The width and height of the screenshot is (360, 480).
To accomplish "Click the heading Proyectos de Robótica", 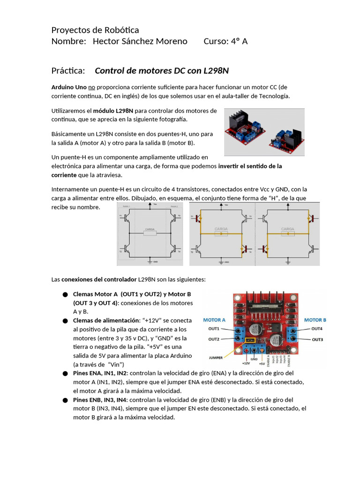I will (95, 30).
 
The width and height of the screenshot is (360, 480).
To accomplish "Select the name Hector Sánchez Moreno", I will (140, 41).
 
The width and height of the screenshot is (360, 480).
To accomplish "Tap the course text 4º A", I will (239, 41).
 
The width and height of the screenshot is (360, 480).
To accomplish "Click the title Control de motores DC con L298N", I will (162, 71).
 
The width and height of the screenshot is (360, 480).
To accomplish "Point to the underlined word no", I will (92, 87).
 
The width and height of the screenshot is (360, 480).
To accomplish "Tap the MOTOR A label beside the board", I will (214, 320).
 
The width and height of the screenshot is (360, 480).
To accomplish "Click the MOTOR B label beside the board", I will (315, 320).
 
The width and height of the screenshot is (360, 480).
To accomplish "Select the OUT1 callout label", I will (214, 329).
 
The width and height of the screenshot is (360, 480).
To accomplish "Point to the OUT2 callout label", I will (214, 339).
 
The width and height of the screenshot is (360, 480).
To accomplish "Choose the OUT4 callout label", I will (317, 329).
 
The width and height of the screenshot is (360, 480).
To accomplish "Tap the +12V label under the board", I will (246, 363).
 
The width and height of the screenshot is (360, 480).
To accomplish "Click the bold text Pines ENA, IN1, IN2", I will (100, 374).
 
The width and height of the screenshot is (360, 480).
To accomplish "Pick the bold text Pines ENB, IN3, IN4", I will (100, 400).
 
